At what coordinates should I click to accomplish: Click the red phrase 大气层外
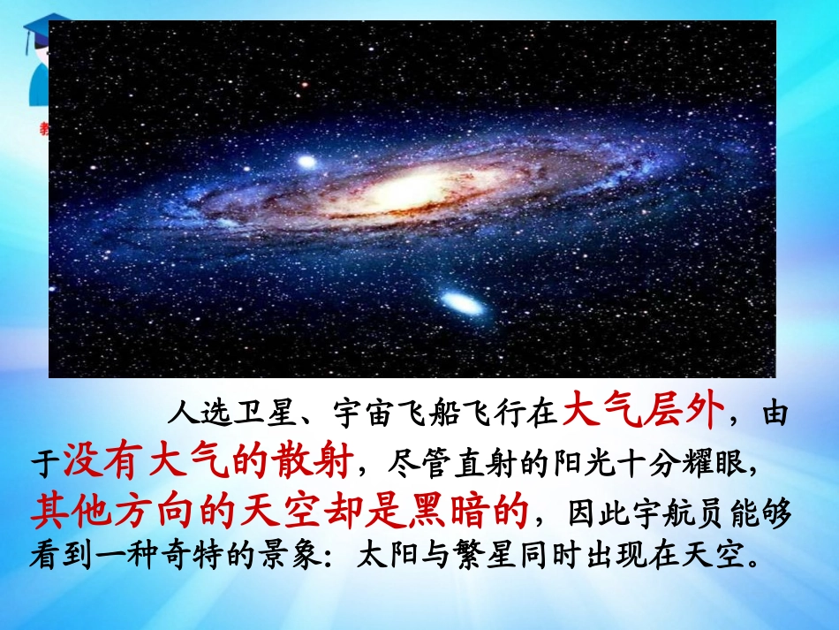pyautogui.click(x=644, y=411)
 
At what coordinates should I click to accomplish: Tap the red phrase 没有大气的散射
pyautogui.click(x=208, y=459)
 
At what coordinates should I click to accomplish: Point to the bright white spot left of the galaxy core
pyautogui.click(x=306, y=163)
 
